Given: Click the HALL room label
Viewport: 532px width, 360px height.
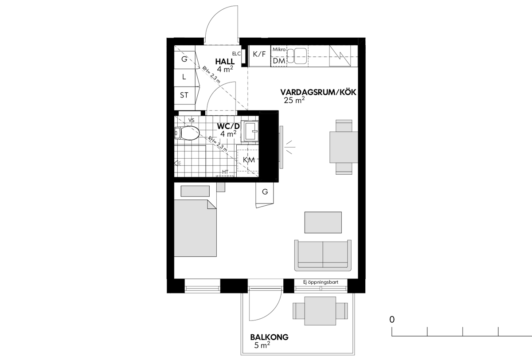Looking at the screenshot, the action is click(x=225, y=62).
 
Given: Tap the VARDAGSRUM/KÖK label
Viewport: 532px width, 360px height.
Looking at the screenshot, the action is click(x=318, y=92).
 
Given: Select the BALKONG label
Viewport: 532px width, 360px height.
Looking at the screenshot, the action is click(x=270, y=337).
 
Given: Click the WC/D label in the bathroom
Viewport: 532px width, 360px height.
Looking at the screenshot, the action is click(x=228, y=126).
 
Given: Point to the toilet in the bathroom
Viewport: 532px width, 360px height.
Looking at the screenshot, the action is click(x=187, y=133).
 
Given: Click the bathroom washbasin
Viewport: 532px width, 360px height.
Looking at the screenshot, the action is click(x=250, y=132).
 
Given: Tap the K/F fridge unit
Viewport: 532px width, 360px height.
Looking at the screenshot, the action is click(x=259, y=56).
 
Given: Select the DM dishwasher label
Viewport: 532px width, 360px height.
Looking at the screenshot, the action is click(x=279, y=61).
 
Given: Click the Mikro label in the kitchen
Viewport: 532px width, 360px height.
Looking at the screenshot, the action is click(x=279, y=49).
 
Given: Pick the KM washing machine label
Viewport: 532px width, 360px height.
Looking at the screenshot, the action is click(x=249, y=160).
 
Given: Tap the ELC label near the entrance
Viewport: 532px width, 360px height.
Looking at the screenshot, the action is click(x=236, y=54).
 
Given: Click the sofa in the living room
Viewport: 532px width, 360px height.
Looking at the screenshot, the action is click(x=323, y=255).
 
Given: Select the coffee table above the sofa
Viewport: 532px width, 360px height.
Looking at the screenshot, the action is click(x=323, y=223).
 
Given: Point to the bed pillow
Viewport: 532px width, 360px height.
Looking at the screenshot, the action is click(x=195, y=191).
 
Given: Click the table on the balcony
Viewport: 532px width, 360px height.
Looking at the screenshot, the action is click(x=320, y=311).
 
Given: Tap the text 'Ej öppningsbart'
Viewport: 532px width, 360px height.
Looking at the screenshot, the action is click(x=321, y=282).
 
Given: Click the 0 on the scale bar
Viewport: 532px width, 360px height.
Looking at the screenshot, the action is click(x=392, y=320).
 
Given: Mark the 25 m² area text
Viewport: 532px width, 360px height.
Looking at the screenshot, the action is click(x=294, y=100).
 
